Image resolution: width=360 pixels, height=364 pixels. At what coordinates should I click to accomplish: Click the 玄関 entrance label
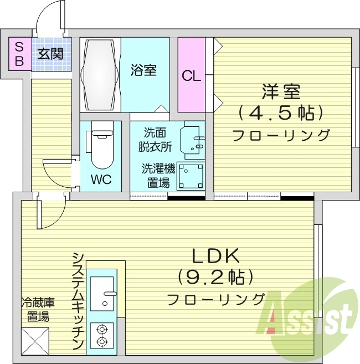51,54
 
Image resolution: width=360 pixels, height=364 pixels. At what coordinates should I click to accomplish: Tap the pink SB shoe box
19,54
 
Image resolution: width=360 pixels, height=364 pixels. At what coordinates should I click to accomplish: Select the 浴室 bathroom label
143,70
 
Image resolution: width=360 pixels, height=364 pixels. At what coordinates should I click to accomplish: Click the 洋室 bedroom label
281,90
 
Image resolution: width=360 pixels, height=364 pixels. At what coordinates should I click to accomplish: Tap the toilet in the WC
101,148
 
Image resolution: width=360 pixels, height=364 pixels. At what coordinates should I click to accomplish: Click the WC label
101,180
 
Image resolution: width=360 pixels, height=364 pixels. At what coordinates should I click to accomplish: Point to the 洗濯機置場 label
156,176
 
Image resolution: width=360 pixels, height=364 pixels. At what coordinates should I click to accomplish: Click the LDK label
216,256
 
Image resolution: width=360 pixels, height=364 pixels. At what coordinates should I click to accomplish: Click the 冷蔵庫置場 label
38,310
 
